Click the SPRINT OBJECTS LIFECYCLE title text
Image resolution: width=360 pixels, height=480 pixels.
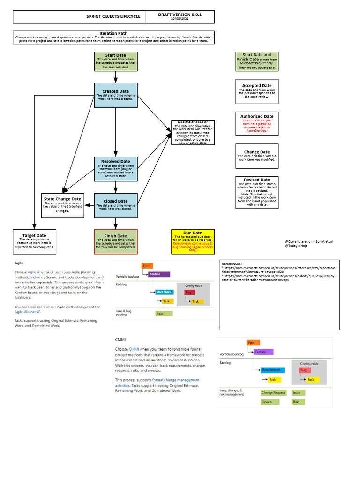coord(113,16)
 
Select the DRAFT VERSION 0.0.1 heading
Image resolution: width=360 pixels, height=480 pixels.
coord(180,15)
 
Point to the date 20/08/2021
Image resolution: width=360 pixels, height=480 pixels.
coord(180,19)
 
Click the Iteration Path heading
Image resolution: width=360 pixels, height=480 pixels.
coord(113,33)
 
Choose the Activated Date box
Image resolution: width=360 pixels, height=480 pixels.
coord(193,132)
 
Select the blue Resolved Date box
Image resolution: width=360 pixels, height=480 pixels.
coord(116,169)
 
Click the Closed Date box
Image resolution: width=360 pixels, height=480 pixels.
coord(116,205)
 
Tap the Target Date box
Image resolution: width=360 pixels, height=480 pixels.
coord(35,241)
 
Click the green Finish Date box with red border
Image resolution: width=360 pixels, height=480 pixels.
coord(116,241)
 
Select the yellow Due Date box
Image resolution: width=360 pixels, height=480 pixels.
coord(193,241)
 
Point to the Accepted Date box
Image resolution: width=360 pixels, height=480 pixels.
coord(257,91)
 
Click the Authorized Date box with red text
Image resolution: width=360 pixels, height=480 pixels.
coord(257,124)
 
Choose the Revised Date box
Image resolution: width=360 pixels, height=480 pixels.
coord(257,192)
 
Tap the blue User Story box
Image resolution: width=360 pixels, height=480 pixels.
coord(165,292)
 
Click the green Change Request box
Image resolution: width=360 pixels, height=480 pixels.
coord(273,393)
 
